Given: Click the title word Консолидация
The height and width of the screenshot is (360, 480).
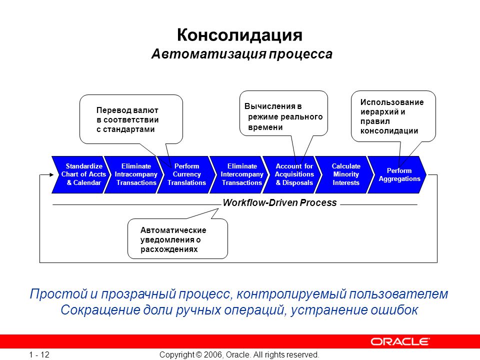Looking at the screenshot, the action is [239, 35].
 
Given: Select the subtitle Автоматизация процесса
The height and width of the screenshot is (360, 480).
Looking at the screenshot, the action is [242, 54].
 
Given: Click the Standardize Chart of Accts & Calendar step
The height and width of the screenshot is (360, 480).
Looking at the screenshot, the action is [81, 174].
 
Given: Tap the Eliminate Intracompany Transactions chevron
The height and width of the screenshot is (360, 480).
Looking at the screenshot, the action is [134, 174].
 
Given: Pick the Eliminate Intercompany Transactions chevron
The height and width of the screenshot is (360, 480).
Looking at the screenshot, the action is [239, 174].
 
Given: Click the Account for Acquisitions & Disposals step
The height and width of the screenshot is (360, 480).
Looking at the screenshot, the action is [292, 174].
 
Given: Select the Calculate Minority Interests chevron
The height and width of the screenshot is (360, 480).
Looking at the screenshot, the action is [344, 174].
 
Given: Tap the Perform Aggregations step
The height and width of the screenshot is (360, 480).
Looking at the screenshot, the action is [397, 174].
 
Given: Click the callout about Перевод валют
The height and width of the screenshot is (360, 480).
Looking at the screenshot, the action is [131, 119].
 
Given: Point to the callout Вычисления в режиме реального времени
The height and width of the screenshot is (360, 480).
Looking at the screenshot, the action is [283, 113].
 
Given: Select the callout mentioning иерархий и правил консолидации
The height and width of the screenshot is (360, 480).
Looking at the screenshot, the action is [393, 116].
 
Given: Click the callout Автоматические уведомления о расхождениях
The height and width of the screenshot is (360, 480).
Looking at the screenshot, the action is [177, 239].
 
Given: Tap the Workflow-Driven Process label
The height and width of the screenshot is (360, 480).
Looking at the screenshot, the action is [280, 202].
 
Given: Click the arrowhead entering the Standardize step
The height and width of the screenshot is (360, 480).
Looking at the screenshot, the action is [51, 175].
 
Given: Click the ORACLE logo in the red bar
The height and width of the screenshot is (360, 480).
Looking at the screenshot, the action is [400, 341].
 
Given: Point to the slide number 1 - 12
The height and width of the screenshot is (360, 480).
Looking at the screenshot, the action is [39, 355].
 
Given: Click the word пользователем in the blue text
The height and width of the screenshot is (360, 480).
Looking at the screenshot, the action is [398, 294].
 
